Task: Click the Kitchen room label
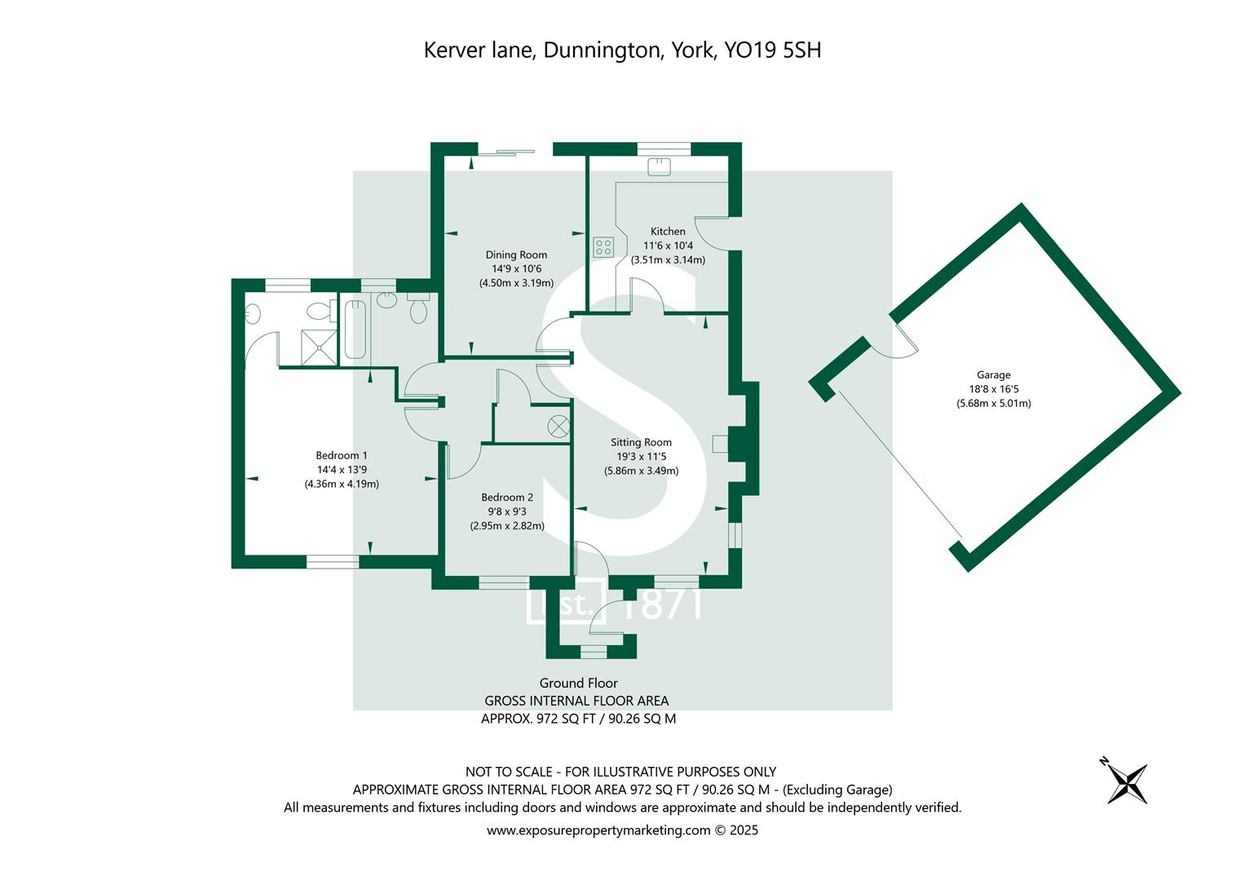click(668, 232)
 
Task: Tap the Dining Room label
click(516, 255)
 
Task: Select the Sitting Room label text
click(641, 443)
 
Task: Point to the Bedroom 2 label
click(506, 498)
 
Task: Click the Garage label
click(993, 375)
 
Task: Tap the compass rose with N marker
click(1127, 781)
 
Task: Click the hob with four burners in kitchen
click(603, 246)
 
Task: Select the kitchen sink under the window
click(659, 167)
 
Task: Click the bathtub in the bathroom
click(355, 330)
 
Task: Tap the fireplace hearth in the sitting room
click(720, 444)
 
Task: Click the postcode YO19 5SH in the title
click(772, 51)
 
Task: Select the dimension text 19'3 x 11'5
click(641, 457)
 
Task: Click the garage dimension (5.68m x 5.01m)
click(993, 403)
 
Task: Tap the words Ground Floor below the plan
click(578, 684)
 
